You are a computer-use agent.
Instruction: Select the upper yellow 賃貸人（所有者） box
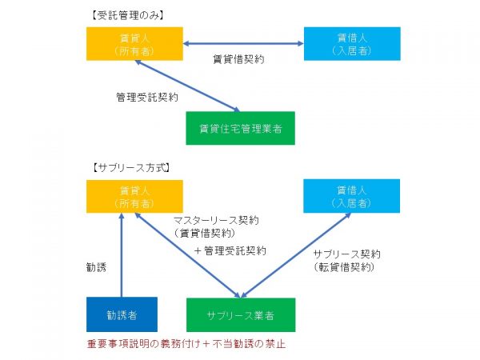(x=134, y=44)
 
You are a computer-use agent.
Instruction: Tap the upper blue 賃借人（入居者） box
(x=351, y=44)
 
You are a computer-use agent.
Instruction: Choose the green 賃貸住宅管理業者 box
(x=240, y=128)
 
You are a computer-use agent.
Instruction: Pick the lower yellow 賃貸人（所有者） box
(x=134, y=197)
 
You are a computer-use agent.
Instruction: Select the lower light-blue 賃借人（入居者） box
(x=351, y=196)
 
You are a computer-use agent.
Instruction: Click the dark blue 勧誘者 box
(x=122, y=314)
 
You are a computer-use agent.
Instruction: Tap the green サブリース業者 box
(x=240, y=314)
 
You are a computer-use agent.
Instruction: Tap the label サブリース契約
(x=346, y=254)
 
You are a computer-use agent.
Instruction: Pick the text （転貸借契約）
(x=344, y=268)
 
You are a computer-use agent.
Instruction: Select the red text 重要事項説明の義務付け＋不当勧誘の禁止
(x=186, y=345)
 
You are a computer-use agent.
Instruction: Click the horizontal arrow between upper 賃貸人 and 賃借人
(x=242, y=44)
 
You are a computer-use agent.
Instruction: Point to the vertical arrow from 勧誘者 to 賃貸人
(x=121, y=256)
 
